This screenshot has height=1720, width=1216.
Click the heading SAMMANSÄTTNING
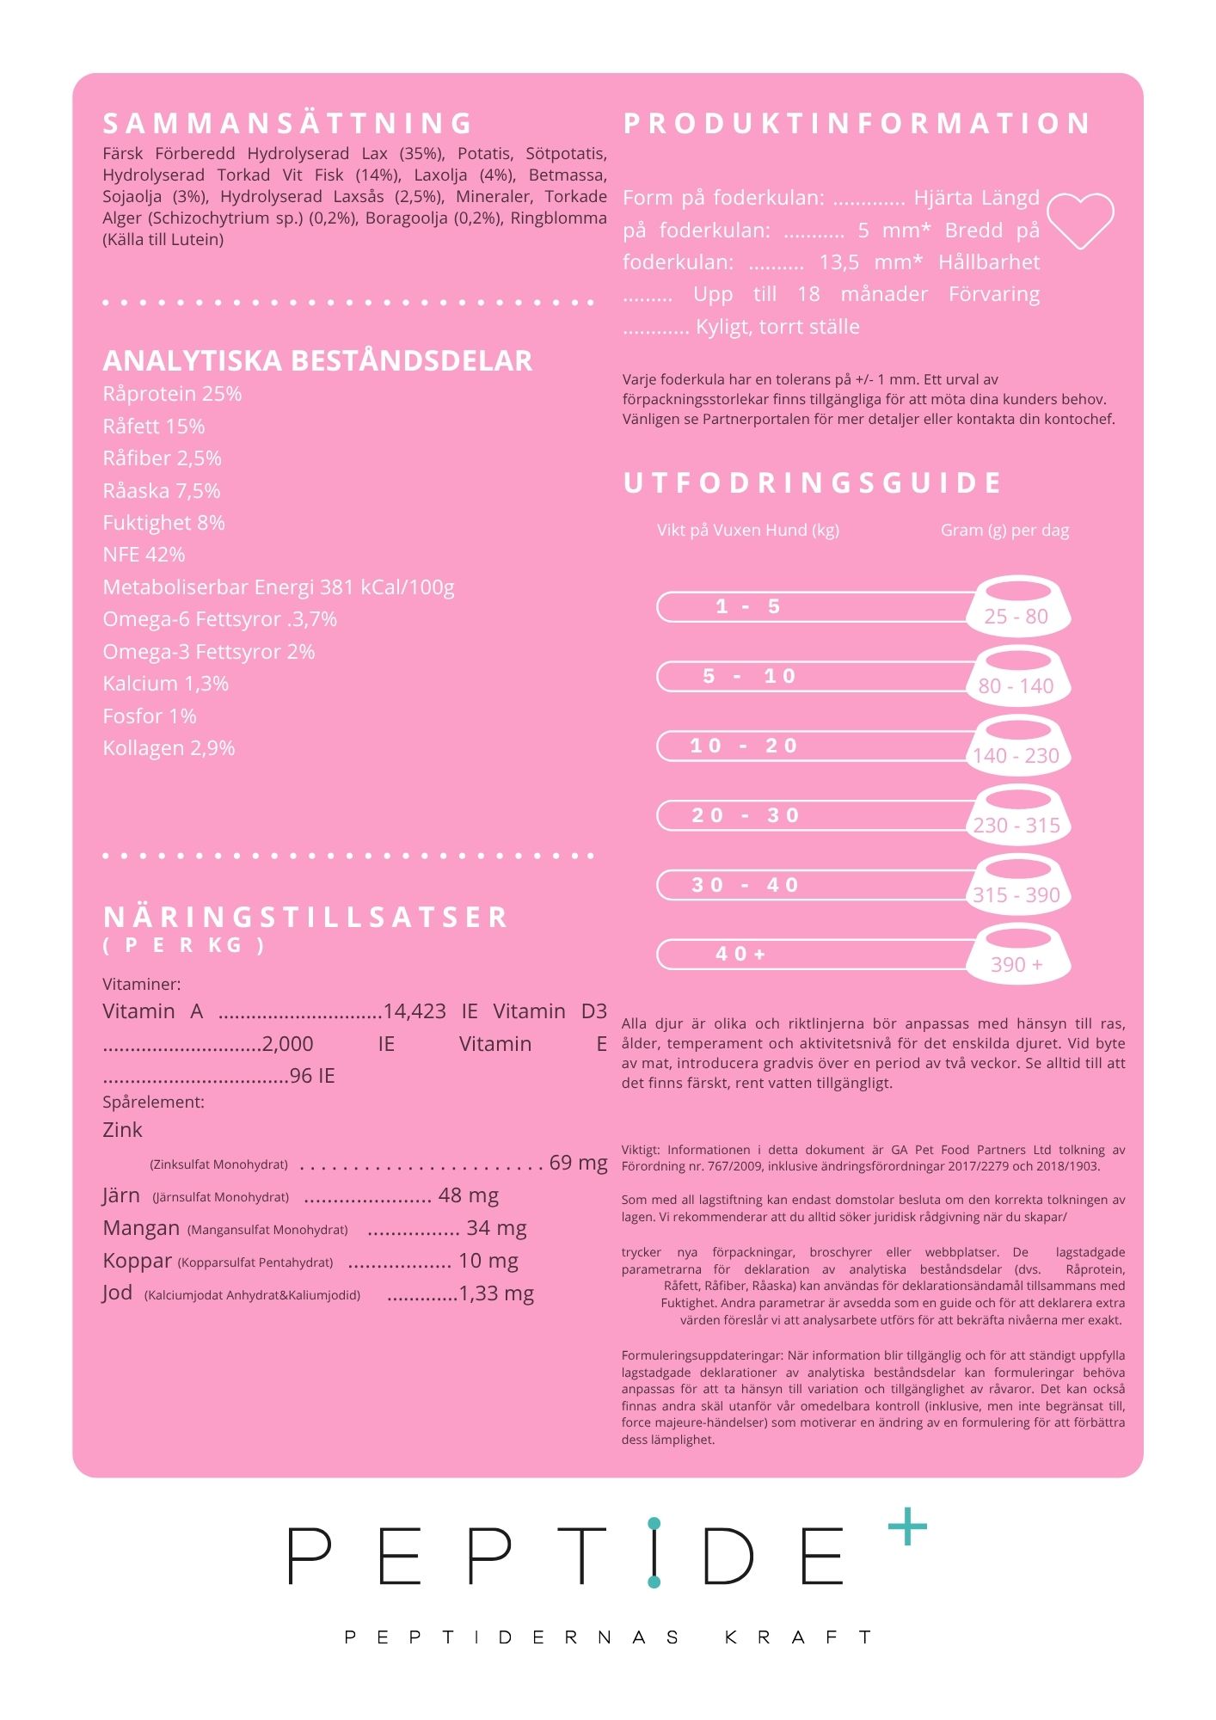pyautogui.click(x=288, y=124)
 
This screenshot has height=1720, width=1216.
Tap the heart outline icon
pyautogui.click(x=1080, y=220)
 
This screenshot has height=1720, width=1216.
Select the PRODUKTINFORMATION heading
pyautogui.click(x=857, y=124)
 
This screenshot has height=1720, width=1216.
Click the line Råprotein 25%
pyautogui.click(x=172, y=394)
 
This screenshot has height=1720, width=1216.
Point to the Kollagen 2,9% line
pyautogui.click(x=169, y=748)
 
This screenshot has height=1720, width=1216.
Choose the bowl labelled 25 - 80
pyautogui.click(x=1017, y=605)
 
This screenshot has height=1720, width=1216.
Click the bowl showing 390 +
pyautogui.click(x=1017, y=954)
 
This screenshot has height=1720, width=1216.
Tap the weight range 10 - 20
pyautogui.click(x=745, y=746)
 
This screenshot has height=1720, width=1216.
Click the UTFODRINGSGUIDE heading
pyautogui.click(x=813, y=483)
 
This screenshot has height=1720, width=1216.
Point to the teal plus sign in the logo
pyautogui.click(x=907, y=1527)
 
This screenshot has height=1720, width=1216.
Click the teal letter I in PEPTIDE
pyautogui.click(x=654, y=1553)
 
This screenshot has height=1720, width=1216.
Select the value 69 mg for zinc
pyautogui.click(x=578, y=1163)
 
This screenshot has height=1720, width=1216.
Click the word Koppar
pyautogui.click(x=137, y=1261)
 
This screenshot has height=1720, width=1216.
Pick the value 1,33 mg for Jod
pyautogui.click(x=496, y=1293)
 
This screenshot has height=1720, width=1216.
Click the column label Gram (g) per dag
pyautogui.click(x=1004, y=531)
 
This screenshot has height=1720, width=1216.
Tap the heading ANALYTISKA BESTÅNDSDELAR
pyautogui.click(x=317, y=361)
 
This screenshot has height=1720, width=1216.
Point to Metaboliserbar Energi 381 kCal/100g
pyautogui.click(x=278, y=587)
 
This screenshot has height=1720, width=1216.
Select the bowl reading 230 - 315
pyautogui.click(x=1017, y=814)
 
